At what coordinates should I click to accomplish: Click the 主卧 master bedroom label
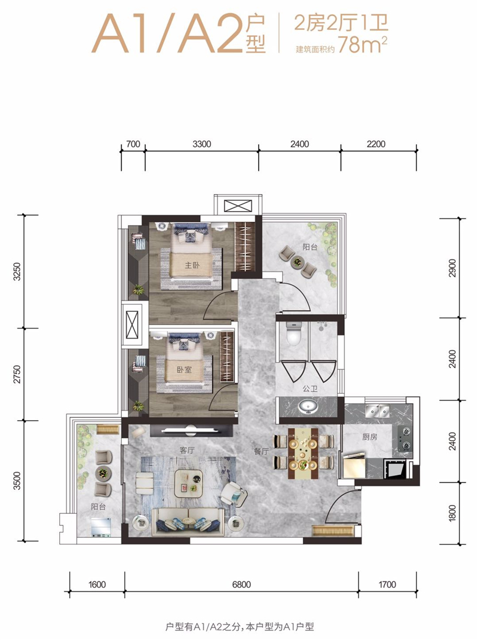192,265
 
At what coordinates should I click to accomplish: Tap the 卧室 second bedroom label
184,370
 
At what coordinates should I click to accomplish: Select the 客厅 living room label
186,450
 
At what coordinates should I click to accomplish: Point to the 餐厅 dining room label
261,451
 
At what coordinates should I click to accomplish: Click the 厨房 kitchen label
370,437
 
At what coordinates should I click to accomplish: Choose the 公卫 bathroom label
310,388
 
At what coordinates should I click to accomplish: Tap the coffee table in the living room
189,483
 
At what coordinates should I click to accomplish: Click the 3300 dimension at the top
201,144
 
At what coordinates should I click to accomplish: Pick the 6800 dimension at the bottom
241,584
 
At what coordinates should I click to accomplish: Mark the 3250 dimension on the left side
17,271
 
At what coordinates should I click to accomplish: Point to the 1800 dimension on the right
452,513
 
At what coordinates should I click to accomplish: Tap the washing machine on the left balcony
100,526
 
